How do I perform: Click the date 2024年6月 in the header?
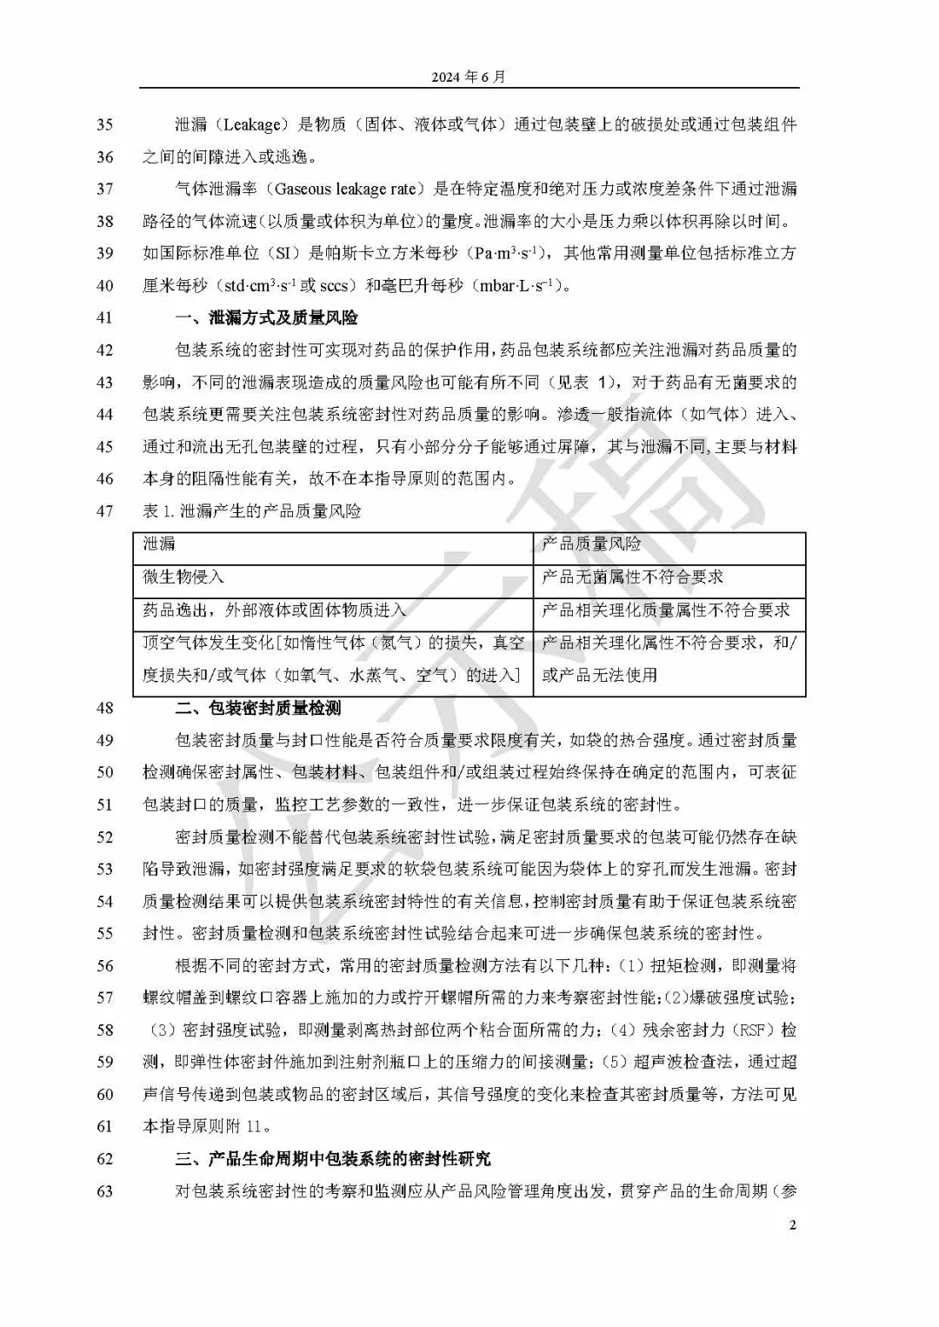[x=468, y=77]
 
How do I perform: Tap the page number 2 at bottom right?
[x=792, y=1226]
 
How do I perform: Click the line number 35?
[x=104, y=125]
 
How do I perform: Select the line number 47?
[x=104, y=511]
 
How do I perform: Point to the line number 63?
[x=104, y=1191]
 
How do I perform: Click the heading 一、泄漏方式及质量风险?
[x=267, y=318]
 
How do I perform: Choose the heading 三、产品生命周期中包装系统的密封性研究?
[x=333, y=1159]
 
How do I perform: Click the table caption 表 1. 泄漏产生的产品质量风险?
[x=251, y=511]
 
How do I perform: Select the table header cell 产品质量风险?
[x=591, y=544]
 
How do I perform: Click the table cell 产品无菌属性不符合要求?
[x=632, y=577]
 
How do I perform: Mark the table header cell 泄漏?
[x=159, y=544]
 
